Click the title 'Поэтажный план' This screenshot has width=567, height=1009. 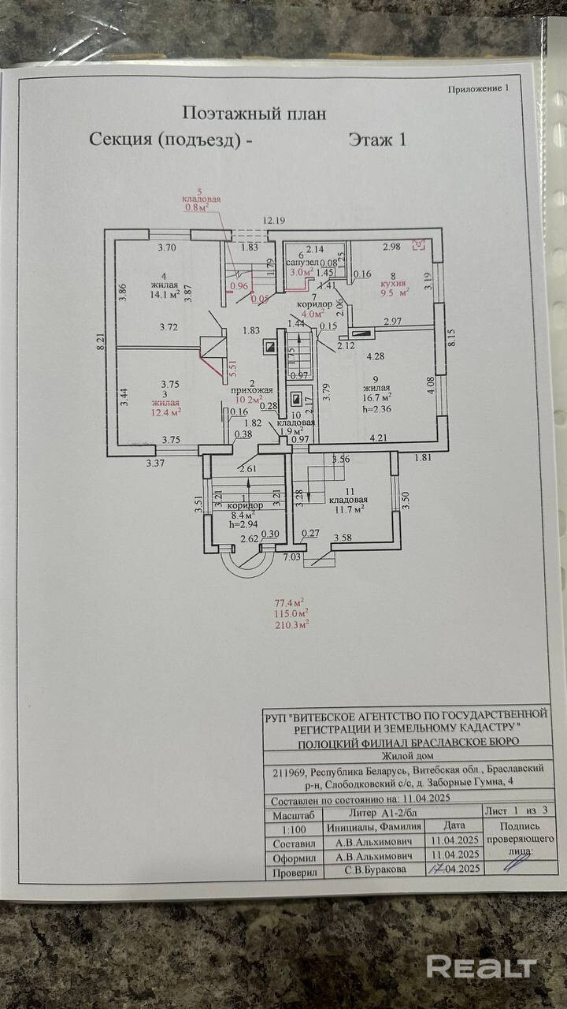point(254,114)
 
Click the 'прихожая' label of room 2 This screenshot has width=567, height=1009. point(251,389)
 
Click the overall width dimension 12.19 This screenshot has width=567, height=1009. point(274,221)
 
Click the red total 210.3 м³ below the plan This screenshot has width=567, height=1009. point(291,624)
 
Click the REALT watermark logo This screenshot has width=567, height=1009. point(482,966)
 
